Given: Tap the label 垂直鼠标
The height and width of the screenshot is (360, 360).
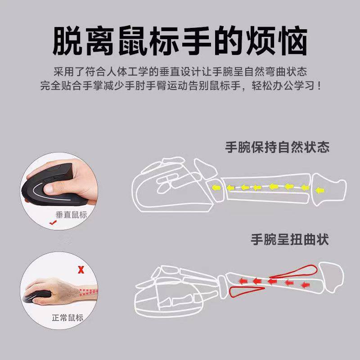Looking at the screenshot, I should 71,215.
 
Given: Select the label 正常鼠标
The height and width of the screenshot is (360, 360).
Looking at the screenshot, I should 67,318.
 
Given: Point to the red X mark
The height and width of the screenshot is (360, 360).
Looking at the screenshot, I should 81,270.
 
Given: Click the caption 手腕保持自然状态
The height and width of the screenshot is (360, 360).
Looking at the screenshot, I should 278,147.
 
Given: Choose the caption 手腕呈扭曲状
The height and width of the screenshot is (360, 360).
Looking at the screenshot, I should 290,239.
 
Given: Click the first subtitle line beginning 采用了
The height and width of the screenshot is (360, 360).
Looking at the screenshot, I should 180,72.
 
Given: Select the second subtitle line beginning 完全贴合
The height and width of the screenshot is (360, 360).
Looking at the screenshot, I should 180,85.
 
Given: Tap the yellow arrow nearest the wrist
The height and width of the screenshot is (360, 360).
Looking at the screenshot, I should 216,187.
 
